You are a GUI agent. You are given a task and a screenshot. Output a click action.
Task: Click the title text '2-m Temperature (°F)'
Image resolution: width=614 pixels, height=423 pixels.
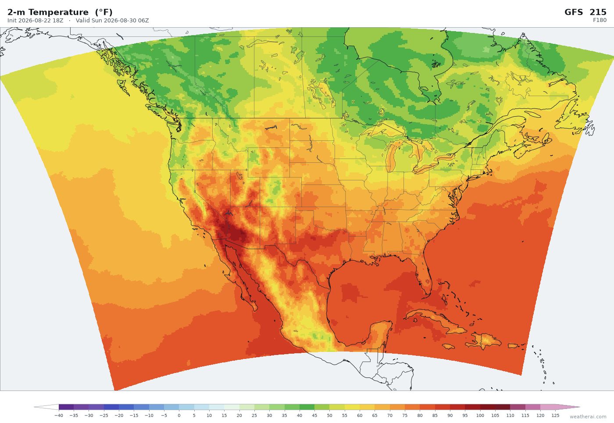tap(60, 12)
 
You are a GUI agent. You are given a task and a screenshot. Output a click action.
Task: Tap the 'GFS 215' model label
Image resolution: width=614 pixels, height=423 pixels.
tap(585, 12)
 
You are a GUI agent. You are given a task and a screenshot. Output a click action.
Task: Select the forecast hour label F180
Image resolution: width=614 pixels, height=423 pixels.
tap(600, 20)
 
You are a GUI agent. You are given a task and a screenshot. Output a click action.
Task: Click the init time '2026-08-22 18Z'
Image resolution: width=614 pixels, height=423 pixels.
tap(41, 21)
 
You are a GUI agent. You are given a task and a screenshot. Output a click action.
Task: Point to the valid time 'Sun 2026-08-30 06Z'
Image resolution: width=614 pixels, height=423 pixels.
tap(118, 21)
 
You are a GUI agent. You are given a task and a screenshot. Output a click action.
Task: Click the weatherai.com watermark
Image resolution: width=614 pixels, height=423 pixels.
tap(588, 417)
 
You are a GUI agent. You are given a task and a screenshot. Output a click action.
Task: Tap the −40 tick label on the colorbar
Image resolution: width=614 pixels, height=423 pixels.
tap(59, 415)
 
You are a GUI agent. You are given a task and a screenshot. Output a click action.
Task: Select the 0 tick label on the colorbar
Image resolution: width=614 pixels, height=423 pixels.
tap(179, 415)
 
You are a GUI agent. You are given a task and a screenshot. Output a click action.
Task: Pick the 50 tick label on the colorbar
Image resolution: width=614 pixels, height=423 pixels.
tap(329, 415)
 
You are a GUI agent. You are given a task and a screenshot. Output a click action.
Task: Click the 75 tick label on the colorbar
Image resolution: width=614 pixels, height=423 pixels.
tap(404, 415)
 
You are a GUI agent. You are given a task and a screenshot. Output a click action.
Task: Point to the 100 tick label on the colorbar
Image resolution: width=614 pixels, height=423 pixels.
tap(480, 415)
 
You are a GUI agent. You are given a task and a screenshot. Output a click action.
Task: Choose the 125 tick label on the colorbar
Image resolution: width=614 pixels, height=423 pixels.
tap(555, 415)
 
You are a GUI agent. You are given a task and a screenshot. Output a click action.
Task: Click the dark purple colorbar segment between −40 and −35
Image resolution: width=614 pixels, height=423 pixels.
tap(66, 407)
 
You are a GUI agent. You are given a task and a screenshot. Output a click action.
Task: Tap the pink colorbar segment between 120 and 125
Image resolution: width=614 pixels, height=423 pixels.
tap(548, 407)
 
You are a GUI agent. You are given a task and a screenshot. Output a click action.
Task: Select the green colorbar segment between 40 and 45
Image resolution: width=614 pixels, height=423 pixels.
tap(307, 407)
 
